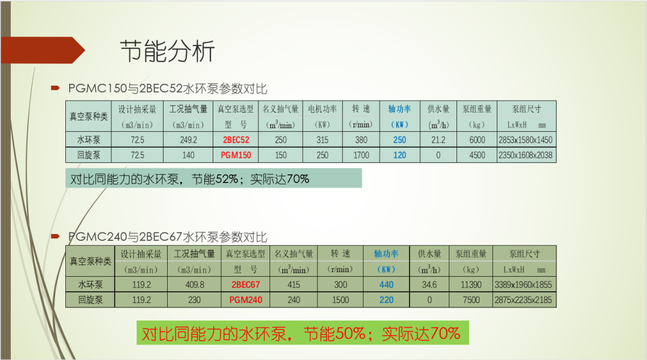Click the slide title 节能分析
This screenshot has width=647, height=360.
(x=167, y=52)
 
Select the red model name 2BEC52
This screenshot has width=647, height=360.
(x=237, y=140)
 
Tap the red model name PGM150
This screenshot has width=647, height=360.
(x=237, y=155)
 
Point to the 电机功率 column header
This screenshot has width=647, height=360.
(x=322, y=109)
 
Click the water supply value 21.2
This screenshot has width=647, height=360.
(x=439, y=140)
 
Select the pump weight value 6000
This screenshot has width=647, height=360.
(x=477, y=140)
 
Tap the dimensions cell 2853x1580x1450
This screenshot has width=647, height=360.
(x=526, y=140)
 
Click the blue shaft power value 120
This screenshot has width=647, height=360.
(x=400, y=155)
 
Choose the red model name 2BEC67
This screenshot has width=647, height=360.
(x=246, y=285)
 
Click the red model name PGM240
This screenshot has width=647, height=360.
(x=246, y=300)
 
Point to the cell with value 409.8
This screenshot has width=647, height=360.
(x=194, y=285)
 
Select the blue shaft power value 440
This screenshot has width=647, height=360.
(x=386, y=285)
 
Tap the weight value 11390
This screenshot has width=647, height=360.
(x=471, y=285)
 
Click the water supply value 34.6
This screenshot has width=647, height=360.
(x=430, y=285)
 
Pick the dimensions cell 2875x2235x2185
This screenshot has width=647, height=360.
(x=524, y=300)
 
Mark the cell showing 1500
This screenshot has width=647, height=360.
(x=340, y=300)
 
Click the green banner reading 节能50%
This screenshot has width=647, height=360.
(x=301, y=333)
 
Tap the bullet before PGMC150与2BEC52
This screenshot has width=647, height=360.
(x=55, y=88)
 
